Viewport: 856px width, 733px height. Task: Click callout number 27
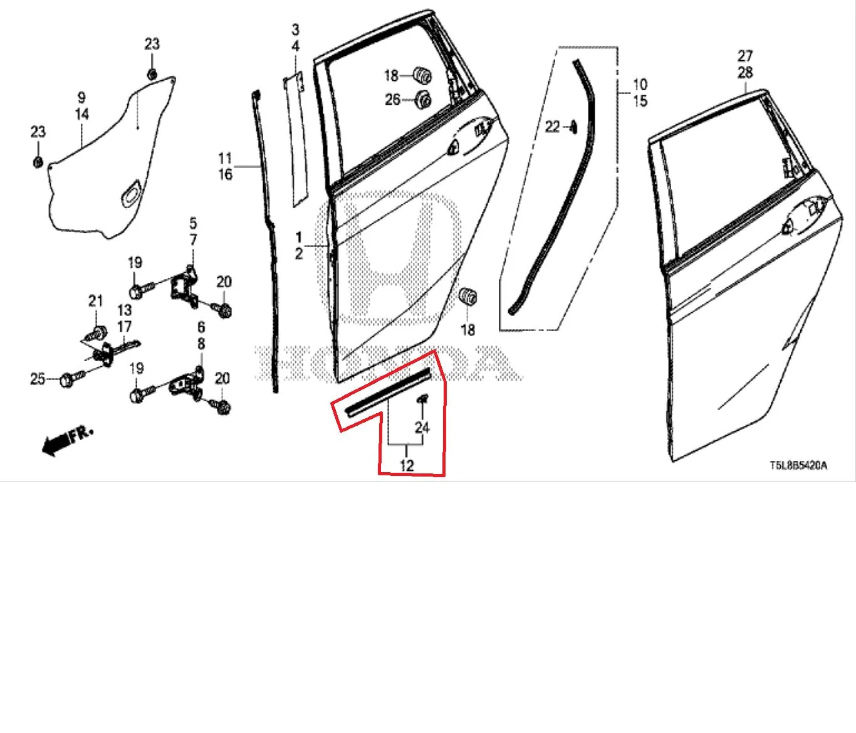tap(745, 56)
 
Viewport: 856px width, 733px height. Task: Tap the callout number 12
tap(407, 466)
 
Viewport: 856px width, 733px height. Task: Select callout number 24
tap(422, 427)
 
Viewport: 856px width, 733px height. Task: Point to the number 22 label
tap(553, 127)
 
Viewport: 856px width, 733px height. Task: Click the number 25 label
tap(38, 379)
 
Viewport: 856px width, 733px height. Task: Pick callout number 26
tap(392, 100)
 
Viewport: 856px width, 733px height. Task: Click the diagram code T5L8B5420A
tap(798, 465)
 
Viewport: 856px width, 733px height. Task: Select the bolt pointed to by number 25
tap(72, 378)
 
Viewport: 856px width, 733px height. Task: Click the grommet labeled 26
tap(423, 100)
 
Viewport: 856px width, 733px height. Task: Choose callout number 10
tap(640, 85)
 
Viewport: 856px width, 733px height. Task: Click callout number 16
tap(226, 174)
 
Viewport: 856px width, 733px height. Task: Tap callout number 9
tap(81, 97)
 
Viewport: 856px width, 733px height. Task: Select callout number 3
tap(295, 30)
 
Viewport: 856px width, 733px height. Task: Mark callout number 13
tap(125, 310)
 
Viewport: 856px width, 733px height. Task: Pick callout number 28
tap(745, 73)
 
